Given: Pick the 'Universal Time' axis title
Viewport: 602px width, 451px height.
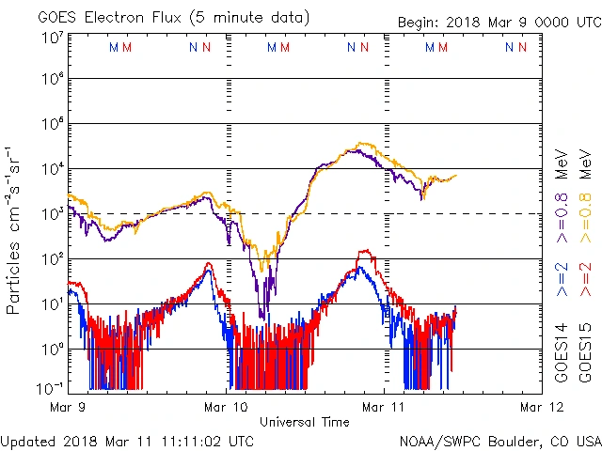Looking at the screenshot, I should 305,422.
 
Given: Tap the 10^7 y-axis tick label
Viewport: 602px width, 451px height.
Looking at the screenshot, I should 51,38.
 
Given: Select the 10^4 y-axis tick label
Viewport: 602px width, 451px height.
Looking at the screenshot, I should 51,168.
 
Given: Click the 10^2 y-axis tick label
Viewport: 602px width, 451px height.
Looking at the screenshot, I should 51,257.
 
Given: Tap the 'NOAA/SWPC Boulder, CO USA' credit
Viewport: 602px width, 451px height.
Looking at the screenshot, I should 499,440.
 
